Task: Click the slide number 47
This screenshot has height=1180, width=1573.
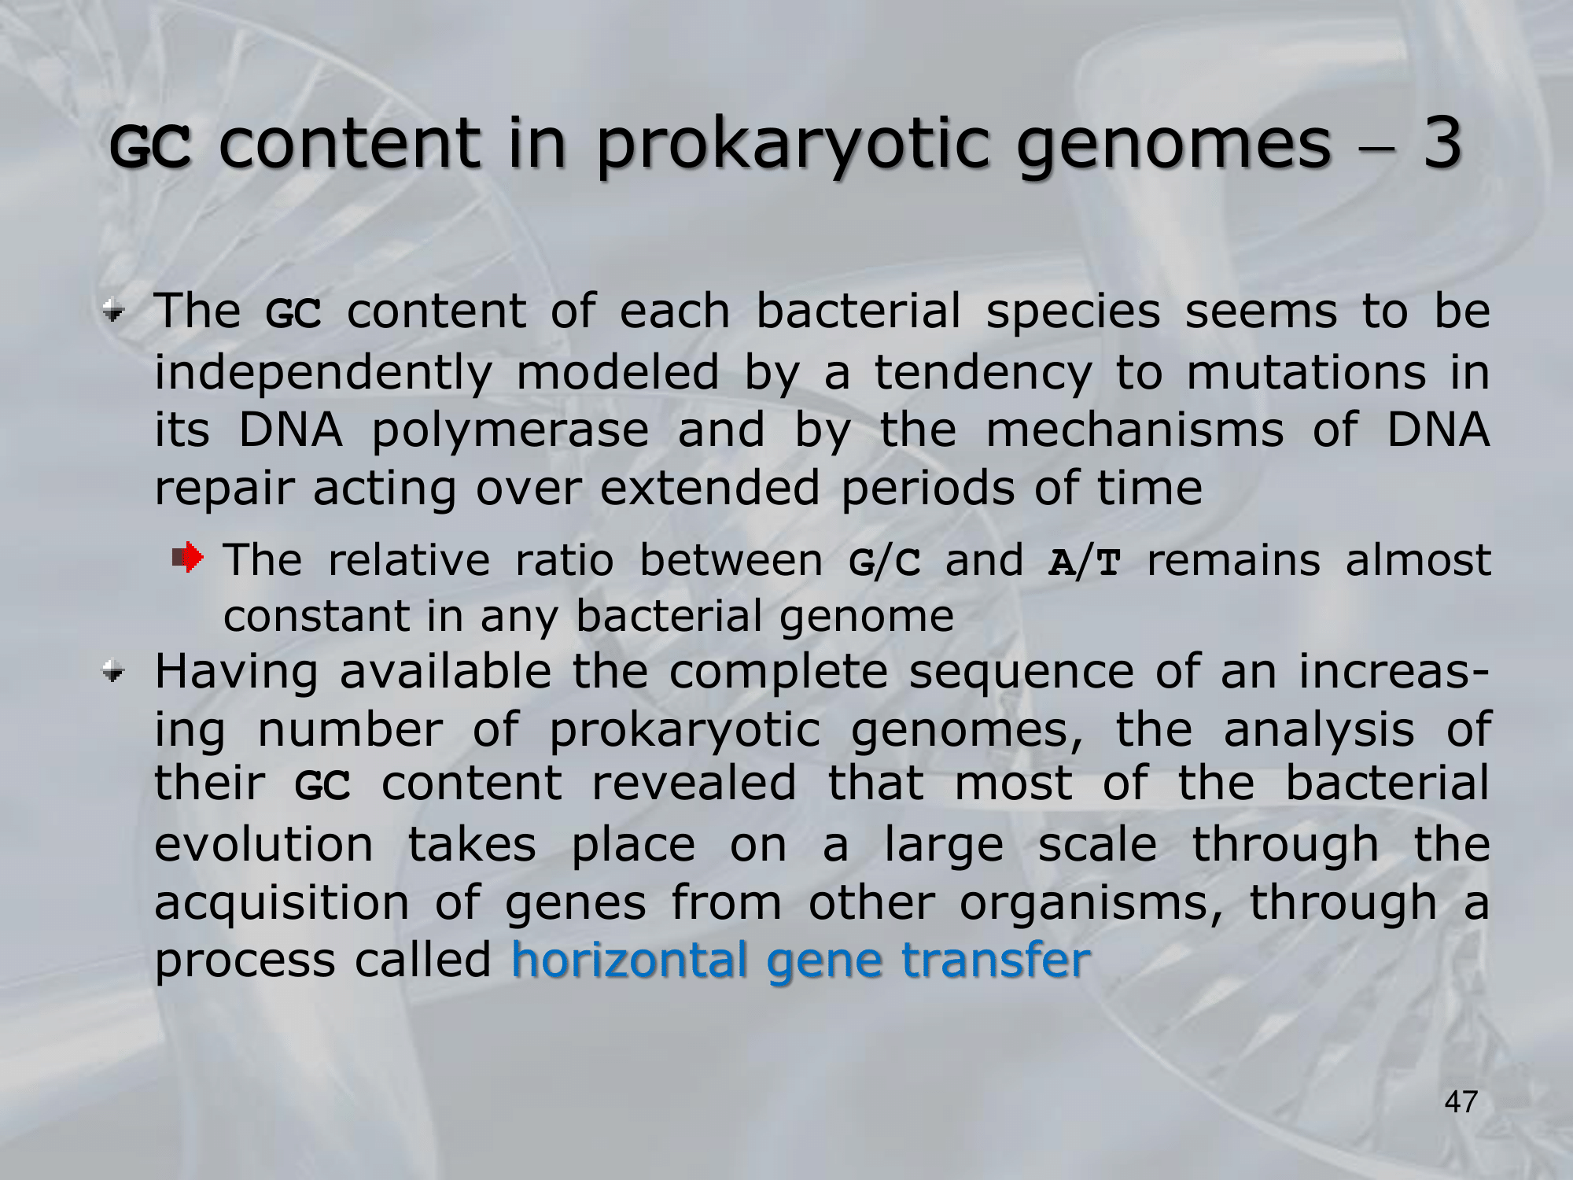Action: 1461,1102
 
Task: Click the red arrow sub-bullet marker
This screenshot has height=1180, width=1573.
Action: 188,558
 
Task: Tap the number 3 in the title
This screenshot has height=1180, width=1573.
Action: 1442,142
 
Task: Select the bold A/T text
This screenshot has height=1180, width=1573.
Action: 1084,561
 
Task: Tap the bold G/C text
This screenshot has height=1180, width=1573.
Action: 885,561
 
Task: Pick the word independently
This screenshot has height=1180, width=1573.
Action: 323,374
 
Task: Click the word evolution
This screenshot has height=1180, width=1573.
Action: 264,845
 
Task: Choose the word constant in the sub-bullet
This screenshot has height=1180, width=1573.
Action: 317,616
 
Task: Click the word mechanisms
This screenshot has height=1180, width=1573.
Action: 1135,430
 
